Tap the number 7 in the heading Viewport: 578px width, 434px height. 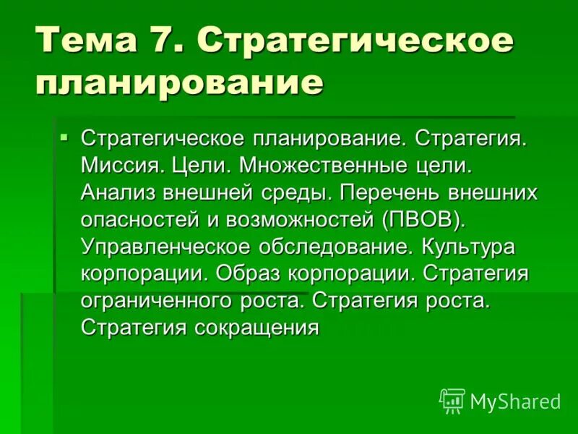(x=176, y=39)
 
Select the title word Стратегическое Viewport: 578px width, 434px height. (x=355, y=39)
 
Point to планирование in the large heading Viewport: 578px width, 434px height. (x=178, y=82)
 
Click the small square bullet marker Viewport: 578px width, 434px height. (x=64, y=136)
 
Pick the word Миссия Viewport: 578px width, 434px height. (x=123, y=165)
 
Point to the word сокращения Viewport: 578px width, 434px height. (x=256, y=328)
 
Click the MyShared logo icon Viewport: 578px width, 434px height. (x=452, y=399)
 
